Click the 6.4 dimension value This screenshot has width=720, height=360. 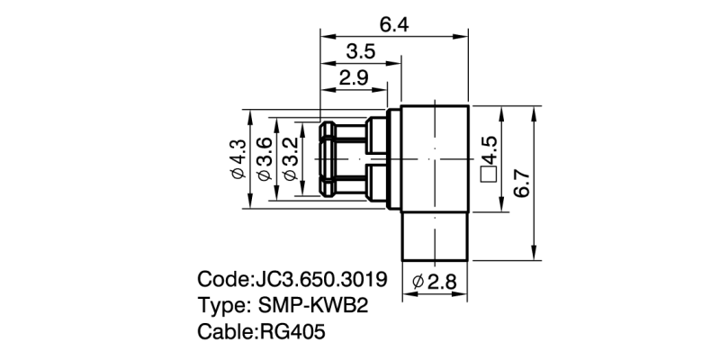point(394,26)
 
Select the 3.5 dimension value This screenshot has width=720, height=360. point(361,52)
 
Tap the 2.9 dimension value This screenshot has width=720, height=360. point(354,78)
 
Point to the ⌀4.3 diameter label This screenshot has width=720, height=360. point(238,159)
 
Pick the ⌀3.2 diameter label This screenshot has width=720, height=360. point(290,159)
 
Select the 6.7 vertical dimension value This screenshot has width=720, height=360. point(522,184)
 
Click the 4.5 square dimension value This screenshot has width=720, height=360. point(488,150)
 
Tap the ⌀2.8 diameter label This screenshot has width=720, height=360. point(435,282)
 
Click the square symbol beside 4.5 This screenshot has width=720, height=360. point(488,175)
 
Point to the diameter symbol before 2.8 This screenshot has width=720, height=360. point(418,283)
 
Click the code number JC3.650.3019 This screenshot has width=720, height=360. point(320,279)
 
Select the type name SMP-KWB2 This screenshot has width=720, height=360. point(313,305)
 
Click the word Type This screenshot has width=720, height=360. point(221,306)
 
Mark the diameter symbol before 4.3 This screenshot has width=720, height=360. point(238,174)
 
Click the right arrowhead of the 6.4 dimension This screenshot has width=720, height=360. point(462,36)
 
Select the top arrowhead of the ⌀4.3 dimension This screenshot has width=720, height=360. point(250,117)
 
